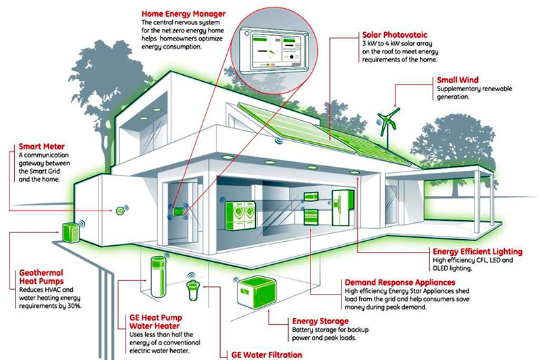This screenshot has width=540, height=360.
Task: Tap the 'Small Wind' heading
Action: click(459, 80)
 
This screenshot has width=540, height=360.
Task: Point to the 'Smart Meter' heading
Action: click(38, 145)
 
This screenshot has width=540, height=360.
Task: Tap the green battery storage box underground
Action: click(255, 292)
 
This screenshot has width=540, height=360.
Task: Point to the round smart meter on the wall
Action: click(120, 211)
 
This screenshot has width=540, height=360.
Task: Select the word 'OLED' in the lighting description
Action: click(442, 267)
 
